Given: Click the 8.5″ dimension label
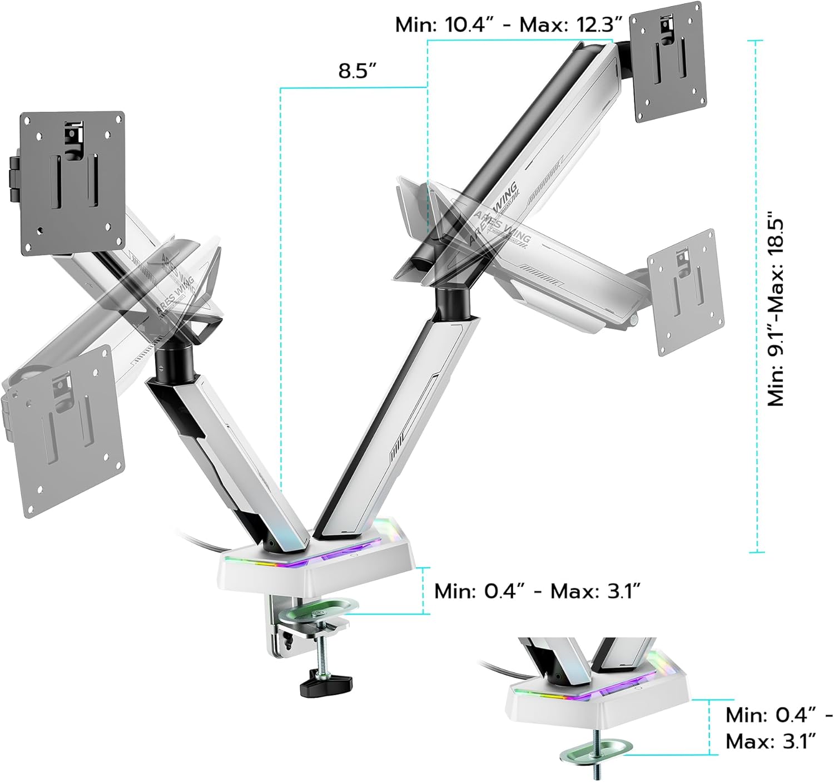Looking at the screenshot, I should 358,72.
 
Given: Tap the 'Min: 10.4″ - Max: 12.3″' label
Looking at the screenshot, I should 508,24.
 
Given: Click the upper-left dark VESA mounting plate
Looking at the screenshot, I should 72,184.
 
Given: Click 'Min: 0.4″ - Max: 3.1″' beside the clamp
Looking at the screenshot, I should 538,591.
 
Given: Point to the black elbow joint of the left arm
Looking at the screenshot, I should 173,362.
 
